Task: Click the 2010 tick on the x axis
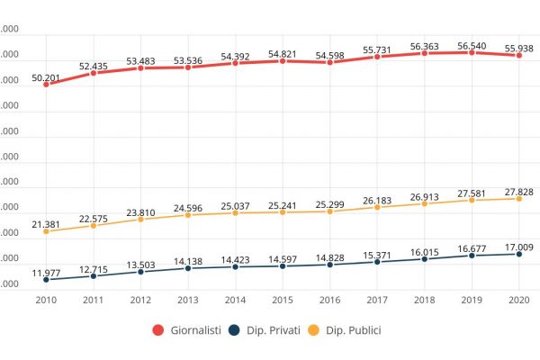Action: [x=46, y=301]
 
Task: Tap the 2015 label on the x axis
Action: [x=283, y=301]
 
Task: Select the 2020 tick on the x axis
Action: [x=517, y=301]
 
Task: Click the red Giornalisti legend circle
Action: [x=157, y=330]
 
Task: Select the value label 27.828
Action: [x=517, y=189]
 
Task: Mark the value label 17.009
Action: [x=517, y=245]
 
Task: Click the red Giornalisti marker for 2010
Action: [x=46, y=84]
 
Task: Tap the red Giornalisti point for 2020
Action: [x=518, y=55]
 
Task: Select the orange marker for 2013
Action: [x=188, y=215]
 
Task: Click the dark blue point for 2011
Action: [x=94, y=275]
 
